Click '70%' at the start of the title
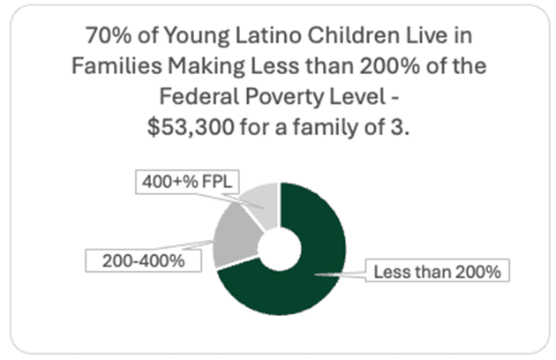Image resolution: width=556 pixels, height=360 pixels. [x=105, y=37]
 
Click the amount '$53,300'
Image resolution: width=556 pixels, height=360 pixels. [x=185, y=125]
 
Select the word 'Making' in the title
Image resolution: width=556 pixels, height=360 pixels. [x=187, y=66]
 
